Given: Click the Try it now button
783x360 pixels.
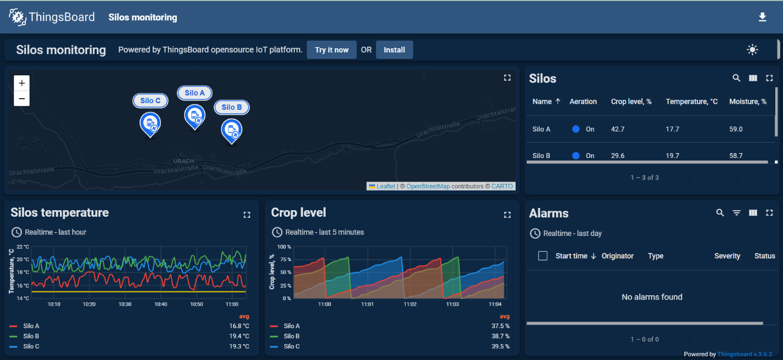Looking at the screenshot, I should (x=332, y=50).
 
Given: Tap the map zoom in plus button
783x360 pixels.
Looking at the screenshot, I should (x=21, y=83).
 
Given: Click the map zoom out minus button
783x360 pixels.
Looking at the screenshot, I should (x=21, y=99).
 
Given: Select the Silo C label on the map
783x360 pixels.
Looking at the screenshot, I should (x=150, y=100).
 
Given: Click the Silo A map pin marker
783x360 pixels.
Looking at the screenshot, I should (x=194, y=116).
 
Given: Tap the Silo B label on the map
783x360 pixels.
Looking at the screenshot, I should (x=232, y=108).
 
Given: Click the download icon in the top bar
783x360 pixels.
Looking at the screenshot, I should (x=762, y=18).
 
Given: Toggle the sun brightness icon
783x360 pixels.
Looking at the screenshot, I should (x=752, y=50).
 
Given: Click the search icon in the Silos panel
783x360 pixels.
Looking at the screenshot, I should (x=736, y=78).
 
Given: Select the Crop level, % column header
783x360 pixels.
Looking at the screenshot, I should (x=631, y=102).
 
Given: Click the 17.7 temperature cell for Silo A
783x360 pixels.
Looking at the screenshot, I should (x=672, y=130).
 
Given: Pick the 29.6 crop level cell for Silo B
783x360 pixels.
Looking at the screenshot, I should (x=617, y=156).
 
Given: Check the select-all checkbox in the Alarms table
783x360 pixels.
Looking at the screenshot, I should (x=542, y=256).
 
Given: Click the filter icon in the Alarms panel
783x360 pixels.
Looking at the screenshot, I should (x=736, y=213).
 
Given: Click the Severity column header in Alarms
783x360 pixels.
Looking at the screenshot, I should (x=727, y=256).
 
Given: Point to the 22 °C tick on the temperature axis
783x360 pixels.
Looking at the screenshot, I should (x=23, y=247).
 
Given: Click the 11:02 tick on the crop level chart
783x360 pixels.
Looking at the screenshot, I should (x=410, y=304).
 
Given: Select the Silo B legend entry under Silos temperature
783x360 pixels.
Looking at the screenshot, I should (x=31, y=336).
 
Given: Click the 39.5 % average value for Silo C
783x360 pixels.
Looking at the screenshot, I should (x=500, y=346).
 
